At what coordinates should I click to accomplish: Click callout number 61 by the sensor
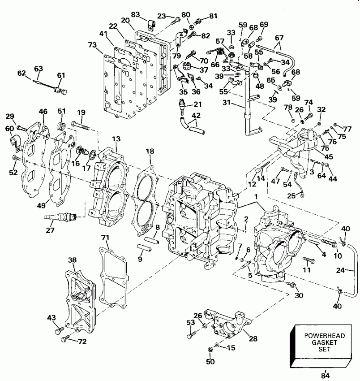point(60,75)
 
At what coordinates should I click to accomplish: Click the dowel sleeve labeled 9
point(146,248)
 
